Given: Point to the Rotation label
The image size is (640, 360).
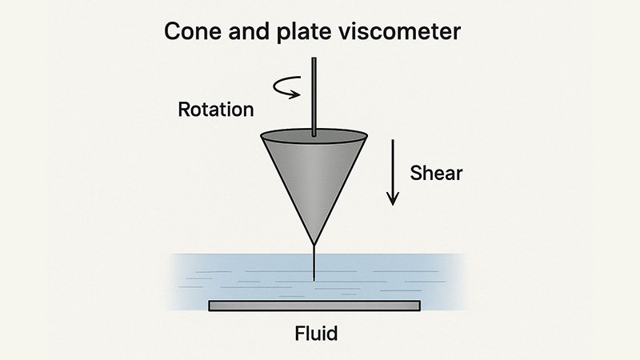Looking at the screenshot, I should pos(214,108).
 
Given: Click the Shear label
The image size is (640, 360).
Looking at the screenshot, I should pos(436,171).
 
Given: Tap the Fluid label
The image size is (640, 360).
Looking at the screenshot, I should pos(314,333).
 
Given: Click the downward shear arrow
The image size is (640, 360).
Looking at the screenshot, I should pos(392,172).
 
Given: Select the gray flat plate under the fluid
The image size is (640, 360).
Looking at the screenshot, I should pos(314,306).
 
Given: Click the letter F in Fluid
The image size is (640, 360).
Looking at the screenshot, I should pos(294,333).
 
